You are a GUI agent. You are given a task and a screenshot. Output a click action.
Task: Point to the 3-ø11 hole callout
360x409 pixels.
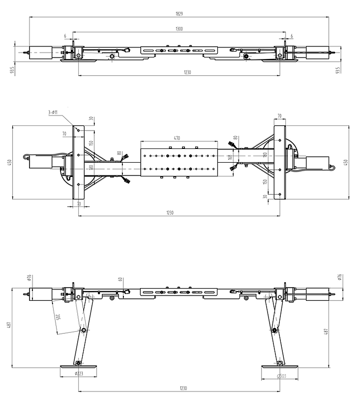(53, 113)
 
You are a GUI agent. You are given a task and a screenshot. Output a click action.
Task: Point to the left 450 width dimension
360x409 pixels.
(9, 162)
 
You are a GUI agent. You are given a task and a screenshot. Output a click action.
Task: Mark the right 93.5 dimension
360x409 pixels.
(338, 71)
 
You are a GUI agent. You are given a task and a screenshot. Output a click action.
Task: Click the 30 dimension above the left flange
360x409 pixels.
(91, 118)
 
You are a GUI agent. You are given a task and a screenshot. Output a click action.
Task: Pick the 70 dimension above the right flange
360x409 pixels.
(279, 117)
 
